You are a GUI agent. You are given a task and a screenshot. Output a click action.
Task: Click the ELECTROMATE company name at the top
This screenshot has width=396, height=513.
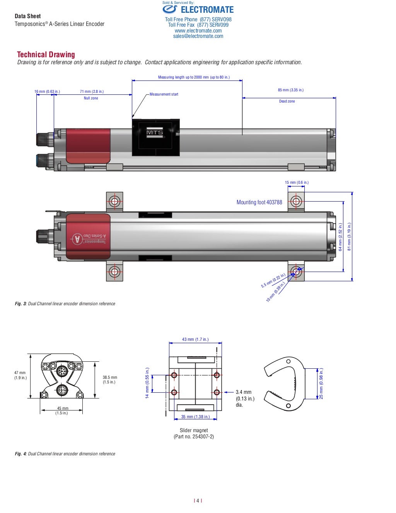[x=207, y=10]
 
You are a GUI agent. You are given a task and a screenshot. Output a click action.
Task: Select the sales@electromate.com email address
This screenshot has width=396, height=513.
[x=198, y=36]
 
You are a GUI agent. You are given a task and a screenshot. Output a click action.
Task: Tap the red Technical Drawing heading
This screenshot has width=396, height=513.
[x=46, y=55]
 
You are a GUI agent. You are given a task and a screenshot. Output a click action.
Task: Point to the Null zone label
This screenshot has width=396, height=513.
[x=91, y=98]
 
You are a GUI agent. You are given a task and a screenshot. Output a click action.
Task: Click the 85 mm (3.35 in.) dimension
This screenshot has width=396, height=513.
[x=290, y=90]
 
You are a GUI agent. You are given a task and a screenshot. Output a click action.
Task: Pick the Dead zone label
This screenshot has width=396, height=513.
[x=287, y=101]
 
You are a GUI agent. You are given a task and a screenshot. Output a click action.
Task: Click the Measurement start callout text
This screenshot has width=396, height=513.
[x=164, y=94]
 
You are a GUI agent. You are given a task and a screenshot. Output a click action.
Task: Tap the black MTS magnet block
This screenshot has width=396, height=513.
[x=155, y=138]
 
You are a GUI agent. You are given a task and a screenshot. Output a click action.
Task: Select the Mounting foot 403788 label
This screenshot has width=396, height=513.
[x=259, y=202]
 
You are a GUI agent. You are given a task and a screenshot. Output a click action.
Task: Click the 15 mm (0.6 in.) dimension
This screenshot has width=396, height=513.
[x=297, y=183]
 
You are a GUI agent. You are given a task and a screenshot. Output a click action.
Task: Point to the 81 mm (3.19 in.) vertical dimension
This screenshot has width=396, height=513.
[x=349, y=236]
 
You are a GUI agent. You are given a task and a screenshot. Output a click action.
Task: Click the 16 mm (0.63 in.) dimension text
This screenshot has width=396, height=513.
[x=47, y=92]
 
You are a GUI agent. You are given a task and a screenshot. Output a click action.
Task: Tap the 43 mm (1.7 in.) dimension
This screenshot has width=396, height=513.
[x=195, y=340]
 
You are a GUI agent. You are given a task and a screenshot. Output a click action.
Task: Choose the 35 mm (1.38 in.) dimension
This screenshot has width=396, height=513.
[x=195, y=417]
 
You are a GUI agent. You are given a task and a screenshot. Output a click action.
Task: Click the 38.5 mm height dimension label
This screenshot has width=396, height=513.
[x=110, y=380]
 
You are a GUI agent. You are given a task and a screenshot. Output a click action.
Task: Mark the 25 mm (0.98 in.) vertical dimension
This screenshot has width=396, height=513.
[x=321, y=383]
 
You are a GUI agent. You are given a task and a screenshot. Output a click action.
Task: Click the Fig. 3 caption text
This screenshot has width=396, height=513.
[x=65, y=304]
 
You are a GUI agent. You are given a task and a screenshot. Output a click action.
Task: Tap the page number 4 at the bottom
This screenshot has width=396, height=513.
[x=198, y=501]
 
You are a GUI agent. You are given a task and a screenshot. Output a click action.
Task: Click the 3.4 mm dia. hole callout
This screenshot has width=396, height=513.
[x=245, y=398]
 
